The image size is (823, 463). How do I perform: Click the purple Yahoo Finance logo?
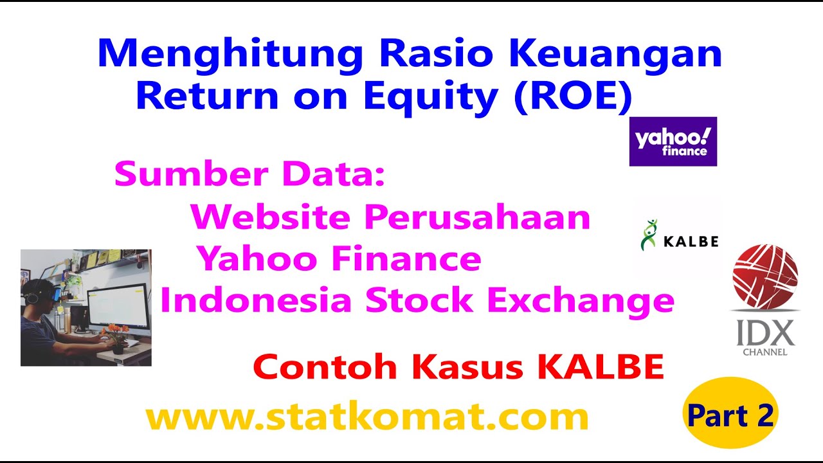click(x=673, y=141)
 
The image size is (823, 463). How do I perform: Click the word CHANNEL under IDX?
click(x=765, y=352)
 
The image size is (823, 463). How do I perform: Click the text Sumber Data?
click(x=249, y=174)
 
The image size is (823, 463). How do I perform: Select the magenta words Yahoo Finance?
click(x=339, y=259)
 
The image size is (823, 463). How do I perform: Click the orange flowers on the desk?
click(x=116, y=333)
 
